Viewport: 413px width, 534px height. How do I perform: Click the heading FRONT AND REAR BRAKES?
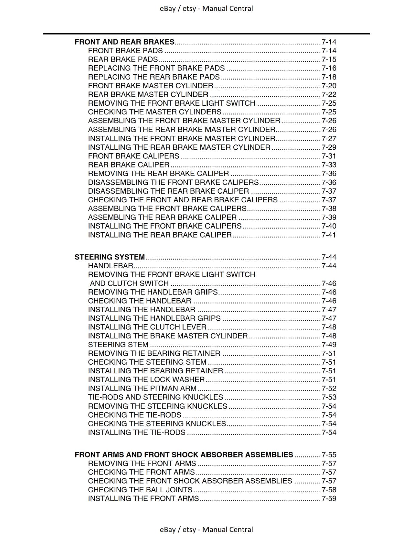[124, 42]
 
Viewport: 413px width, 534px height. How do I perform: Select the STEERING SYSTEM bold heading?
[110, 257]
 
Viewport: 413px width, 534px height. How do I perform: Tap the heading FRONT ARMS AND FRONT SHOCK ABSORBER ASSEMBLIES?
[184, 455]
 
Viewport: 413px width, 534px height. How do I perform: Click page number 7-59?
[329, 499]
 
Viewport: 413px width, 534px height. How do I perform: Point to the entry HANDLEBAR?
[110, 266]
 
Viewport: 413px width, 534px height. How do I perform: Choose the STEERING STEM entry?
[118, 345]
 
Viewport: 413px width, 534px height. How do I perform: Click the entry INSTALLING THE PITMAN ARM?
[142, 388]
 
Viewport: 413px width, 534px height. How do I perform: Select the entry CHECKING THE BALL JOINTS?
[140, 490]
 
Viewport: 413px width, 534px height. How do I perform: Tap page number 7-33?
[329, 165]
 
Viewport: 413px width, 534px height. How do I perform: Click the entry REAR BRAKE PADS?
[123, 60]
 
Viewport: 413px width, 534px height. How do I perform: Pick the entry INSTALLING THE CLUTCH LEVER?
[147, 327]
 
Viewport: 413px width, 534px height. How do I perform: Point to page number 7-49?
[329, 345]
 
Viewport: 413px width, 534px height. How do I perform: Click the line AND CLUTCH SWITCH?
[129, 283]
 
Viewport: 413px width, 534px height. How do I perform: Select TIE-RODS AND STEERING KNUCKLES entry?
[155, 397]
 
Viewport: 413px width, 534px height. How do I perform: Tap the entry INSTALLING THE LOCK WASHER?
[146, 380]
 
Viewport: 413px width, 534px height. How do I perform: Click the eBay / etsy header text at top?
[206, 9]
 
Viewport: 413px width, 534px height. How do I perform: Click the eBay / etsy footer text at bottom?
[206, 529]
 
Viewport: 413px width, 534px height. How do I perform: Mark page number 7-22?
[329, 95]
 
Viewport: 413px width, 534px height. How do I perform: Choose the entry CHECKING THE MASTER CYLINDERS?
[154, 112]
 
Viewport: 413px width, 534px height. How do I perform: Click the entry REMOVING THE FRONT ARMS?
[142, 463]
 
